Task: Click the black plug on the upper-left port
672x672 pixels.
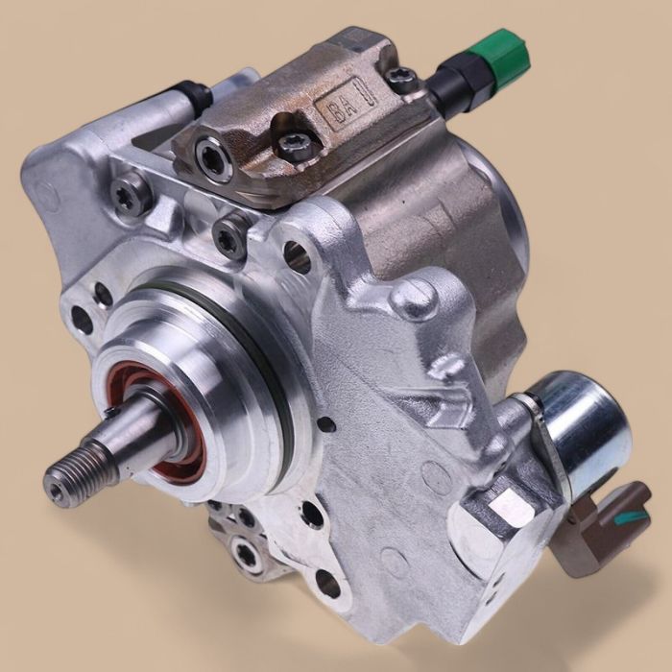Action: click(193, 93)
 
